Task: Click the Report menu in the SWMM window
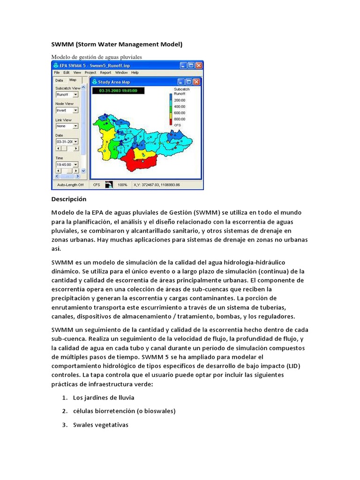tap(105, 73)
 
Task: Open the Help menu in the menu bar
tap(135, 73)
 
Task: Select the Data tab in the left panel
tap(59, 80)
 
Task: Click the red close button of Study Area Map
tap(196, 82)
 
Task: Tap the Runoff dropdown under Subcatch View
tap(67, 94)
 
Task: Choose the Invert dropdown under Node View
tap(67, 111)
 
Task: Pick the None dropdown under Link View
tap(67, 126)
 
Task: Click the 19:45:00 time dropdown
tap(67, 165)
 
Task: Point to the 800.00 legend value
tap(180, 119)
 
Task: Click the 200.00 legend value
tap(180, 100)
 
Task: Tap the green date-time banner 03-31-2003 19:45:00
tap(115, 90)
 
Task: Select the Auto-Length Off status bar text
tap(70, 185)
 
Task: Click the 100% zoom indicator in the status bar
tap(123, 185)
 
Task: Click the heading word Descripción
tap(69, 199)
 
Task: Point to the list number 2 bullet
tap(64, 411)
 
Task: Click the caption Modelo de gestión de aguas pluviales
tap(96, 57)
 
